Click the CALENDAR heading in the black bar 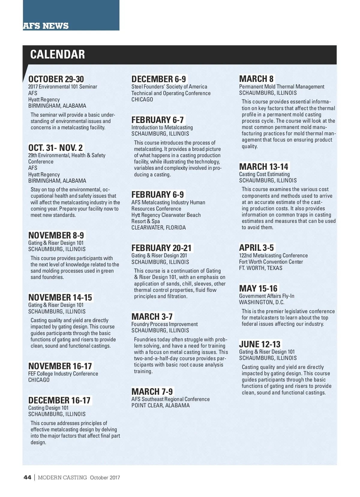coord(58,55)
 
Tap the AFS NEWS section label coord(46,26)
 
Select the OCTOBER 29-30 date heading coord(56,79)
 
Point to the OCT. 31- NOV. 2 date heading coord(55,148)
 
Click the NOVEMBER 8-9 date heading coord(56,235)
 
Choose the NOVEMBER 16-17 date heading coord(60,366)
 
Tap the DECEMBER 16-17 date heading coord(59,400)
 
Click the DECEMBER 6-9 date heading coord(159,79)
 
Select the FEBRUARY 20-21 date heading coord(161,248)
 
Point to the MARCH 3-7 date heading coord(152,317)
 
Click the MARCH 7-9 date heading coord(152,392)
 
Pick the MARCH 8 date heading coord(256,79)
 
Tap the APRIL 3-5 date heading coord(256,248)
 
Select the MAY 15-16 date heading coord(258,289)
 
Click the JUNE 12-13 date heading coord(260,344)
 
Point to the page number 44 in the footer coord(27,477)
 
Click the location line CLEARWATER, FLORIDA coord(158,228)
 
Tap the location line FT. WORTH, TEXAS coord(261,268)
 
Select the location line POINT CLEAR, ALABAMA coord(160,406)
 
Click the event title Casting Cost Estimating coord(264,174)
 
